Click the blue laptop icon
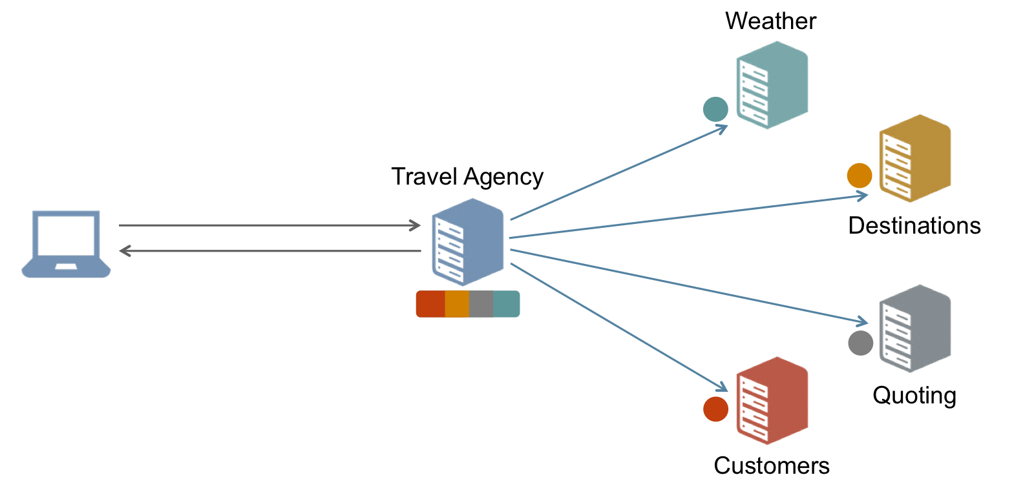(x=66, y=244)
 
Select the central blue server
(x=467, y=242)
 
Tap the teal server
(x=772, y=85)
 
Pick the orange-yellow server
(x=914, y=158)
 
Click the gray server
(x=914, y=328)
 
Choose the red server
(x=772, y=400)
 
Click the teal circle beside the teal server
(x=715, y=109)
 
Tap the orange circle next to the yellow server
(x=859, y=176)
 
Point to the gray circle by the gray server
(x=860, y=343)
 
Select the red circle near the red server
(x=715, y=409)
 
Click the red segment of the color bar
(x=430, y=304)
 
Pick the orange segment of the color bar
(x=457, y=304)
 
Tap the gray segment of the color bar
(x=481, y=304)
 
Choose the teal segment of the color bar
(x=506, y=304)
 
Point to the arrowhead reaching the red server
(x=723, y=389)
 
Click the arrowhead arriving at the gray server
(x=863, y=321)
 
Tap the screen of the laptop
(x=67, y=236)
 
